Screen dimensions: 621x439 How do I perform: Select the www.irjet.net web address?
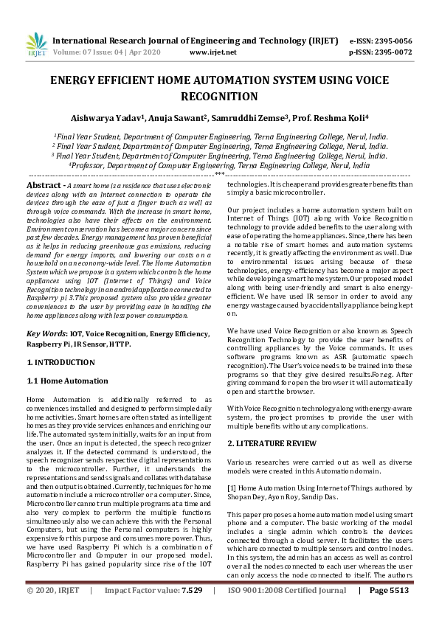[213, 52]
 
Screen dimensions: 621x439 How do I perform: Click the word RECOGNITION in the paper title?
[219, 97]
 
